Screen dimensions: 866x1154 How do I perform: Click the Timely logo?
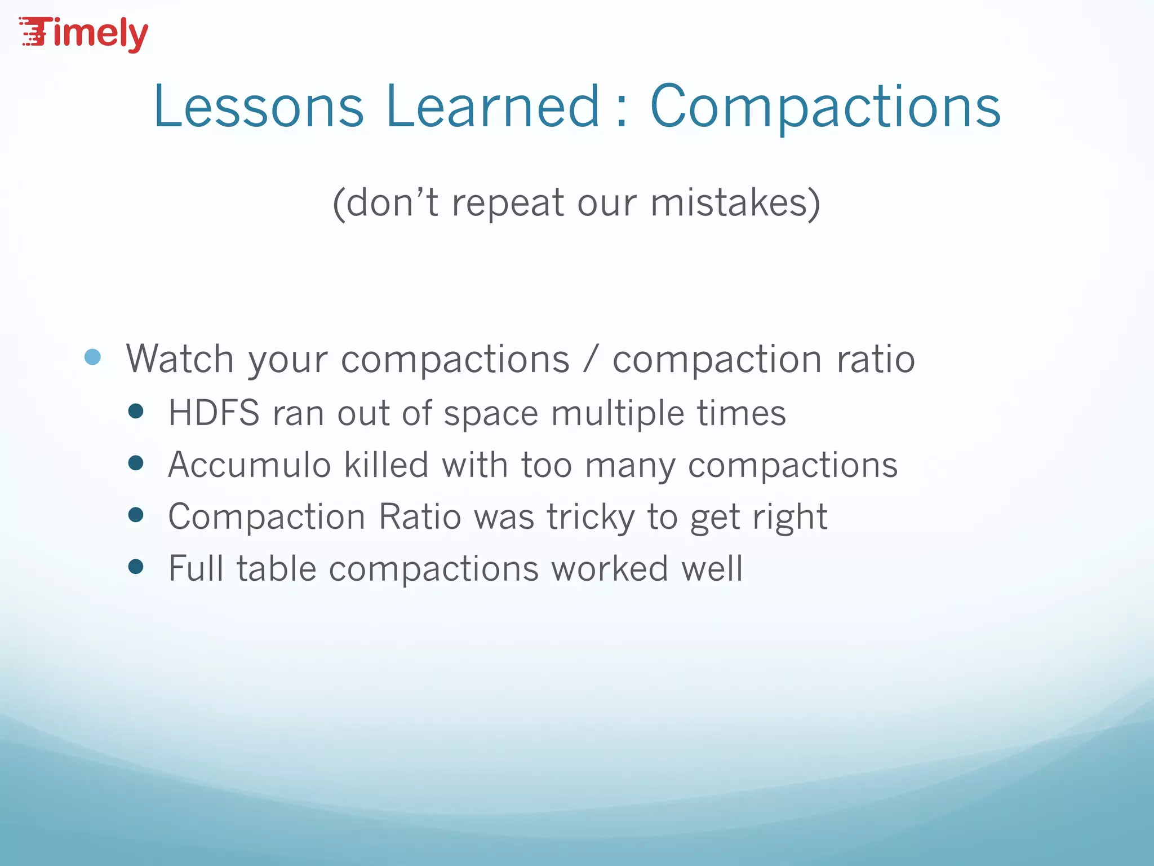point(85,34)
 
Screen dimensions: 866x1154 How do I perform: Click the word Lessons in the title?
point(259,107)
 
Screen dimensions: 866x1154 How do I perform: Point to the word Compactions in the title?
point(825,107)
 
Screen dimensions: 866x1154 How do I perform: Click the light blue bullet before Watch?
point(92,357)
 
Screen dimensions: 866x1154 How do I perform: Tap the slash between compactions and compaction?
point(591,360)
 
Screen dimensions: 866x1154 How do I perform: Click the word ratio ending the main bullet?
point(876,359)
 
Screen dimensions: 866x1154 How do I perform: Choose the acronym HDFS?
point(214,413)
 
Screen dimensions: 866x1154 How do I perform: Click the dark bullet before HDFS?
point(136,411)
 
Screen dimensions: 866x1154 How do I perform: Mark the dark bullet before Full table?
point(136,566)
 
